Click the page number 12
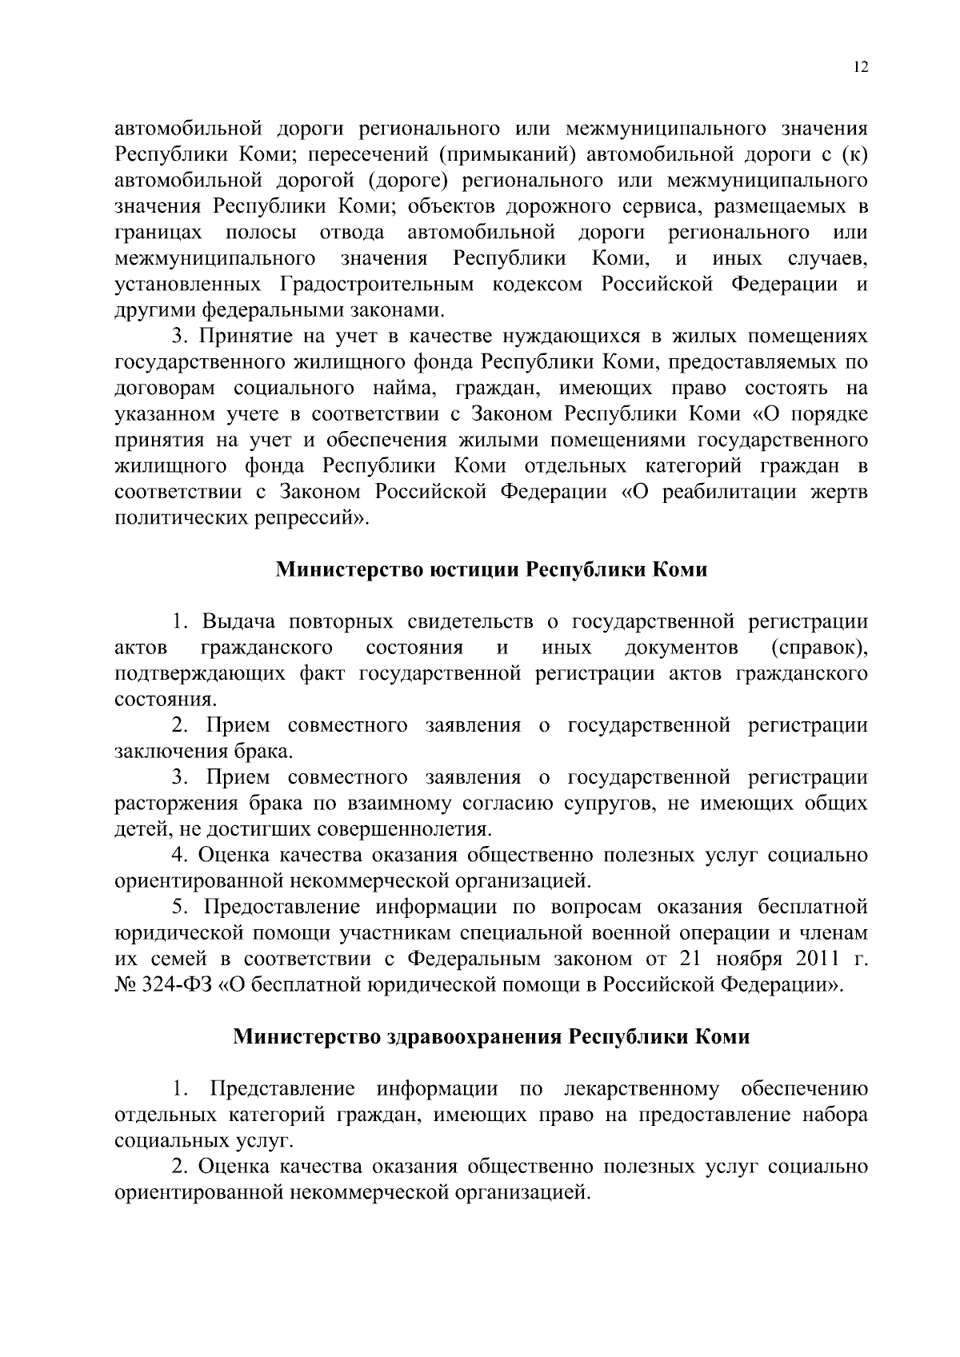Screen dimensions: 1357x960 coord(860,67)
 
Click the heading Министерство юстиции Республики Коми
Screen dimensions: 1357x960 coord(491,569)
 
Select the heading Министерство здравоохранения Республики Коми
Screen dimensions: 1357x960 coord(491,1037)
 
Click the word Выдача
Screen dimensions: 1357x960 coord(239,621)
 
